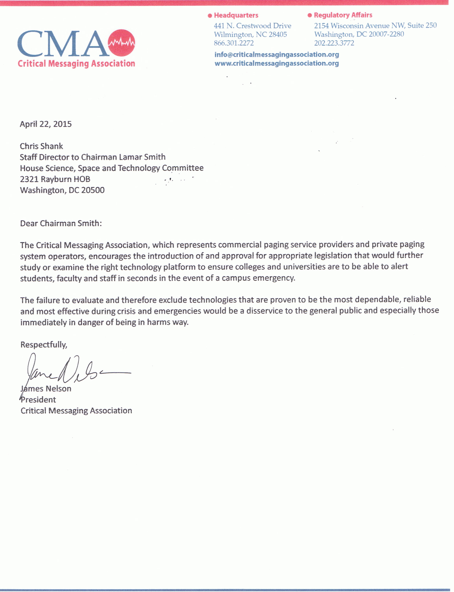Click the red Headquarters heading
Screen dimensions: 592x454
pyautogui.click(x=236, y=15)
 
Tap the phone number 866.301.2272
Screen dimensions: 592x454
pyautogui.click(x=234, y=43)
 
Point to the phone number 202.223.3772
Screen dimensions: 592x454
pyautogui.click(x=334, y=43)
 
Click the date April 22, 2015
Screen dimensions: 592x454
pyautogui.click(x=46, y=124)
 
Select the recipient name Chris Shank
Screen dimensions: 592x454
pyautogui.click(x=41, y=146)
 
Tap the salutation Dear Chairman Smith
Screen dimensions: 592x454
pyautogui.click(x=61, y=223)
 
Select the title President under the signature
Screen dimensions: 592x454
pyautogui.click(x=38, y=400)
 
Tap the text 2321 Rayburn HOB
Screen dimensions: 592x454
pyautogui.click(x=55, y=179)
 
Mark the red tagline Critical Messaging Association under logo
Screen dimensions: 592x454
pyautogui.click(x=76, y=64)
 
